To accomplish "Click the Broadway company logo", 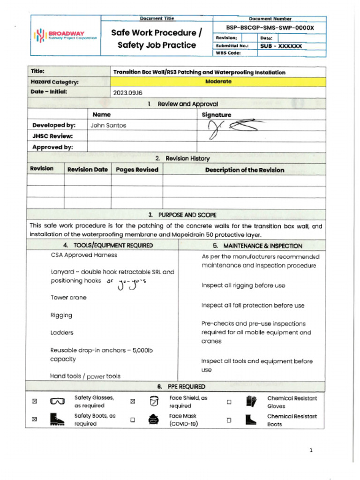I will click(65, 36).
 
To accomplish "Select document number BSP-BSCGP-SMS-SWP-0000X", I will click(270, 28).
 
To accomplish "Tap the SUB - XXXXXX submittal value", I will click(281, 46).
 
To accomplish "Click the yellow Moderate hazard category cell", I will click(218, 82).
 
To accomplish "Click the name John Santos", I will click(108, 125).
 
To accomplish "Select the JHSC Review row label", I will click(52, 136).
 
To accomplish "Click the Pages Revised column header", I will click(137, 170).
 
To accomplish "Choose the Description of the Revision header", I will click(244, 170).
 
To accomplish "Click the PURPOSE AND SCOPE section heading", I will click(182, 215).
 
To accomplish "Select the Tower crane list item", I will click(68, 298).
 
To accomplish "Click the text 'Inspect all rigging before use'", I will click(243, 285).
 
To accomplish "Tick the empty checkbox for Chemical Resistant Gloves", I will click(229, 402).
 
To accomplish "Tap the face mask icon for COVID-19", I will click(152, 420).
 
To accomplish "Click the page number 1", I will click(311, 450).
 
